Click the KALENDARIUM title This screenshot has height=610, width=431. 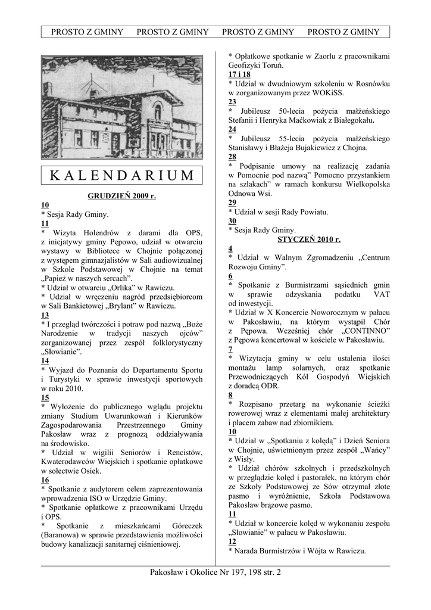[121, 176]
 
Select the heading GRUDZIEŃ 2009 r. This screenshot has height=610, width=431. [121, 195]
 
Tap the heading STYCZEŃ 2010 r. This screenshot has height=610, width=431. [309, 239]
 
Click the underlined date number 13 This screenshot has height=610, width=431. [45, 315]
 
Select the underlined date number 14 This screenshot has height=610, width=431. [45, 361]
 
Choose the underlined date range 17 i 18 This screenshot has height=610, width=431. [239, 74]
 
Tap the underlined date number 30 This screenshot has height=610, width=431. [233, 221]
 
